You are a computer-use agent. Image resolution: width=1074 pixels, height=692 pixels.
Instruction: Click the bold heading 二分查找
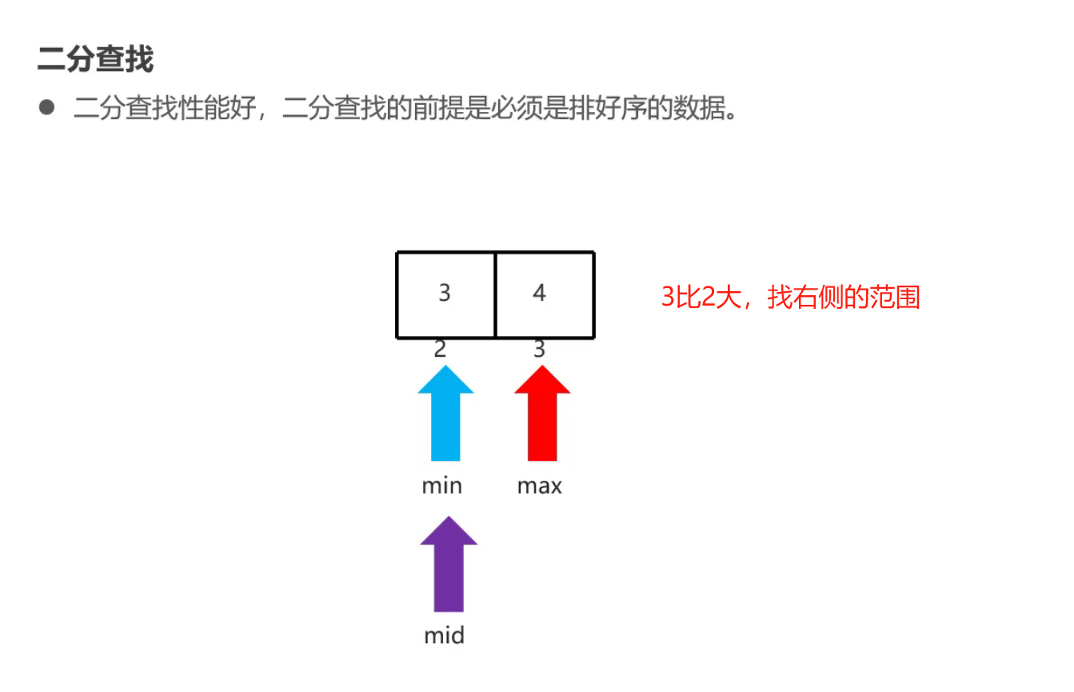coord(95,60)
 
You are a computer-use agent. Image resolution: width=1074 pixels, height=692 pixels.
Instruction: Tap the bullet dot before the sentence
coord(46,107)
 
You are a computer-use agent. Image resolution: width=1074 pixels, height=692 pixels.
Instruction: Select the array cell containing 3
coord(445,294)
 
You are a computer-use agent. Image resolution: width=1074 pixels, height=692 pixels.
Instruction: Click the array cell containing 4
coord(544,294)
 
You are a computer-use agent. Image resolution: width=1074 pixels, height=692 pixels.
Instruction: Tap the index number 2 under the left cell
coord(439,350)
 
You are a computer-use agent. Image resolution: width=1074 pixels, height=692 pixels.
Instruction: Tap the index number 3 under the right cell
coord(539,350)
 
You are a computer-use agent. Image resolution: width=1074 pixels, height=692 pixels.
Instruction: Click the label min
coord(441,486)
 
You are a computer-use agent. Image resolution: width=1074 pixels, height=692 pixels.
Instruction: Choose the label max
coord(539,486)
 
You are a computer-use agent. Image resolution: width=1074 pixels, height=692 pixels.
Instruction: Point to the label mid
coord(444,636)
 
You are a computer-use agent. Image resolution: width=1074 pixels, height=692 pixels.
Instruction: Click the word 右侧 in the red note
coord(819,298)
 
